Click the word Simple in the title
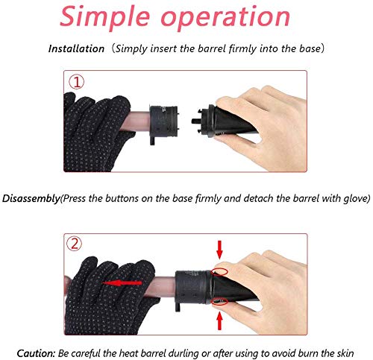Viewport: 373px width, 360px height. click(x=104, y=17)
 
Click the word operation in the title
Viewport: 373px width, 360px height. click(x=225, y=17)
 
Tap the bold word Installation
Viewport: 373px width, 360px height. click(x=76, y=48)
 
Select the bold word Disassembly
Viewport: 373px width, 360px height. click(x=31, y=199)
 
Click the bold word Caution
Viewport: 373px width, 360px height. click(x=36, y=353)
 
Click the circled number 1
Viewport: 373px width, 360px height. click(x=77, y=82)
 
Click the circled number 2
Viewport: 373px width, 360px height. click(x=75, y=244)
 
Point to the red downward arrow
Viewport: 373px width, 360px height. click(x=219, y=250)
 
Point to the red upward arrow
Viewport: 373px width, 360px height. click(x=219, y=321)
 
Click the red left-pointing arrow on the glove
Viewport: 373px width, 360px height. click(x=122, y=283)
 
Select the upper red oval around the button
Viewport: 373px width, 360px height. click(x=219, y=272)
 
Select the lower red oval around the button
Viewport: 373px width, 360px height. click(x=219, y=301)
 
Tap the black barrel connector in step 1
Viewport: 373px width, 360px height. click(x=164, y=122)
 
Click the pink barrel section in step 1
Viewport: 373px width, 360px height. click(x=136, y=121)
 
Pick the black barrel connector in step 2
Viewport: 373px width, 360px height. click(x=192, y=288)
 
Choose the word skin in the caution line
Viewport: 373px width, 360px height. click(x=345, y=353)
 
